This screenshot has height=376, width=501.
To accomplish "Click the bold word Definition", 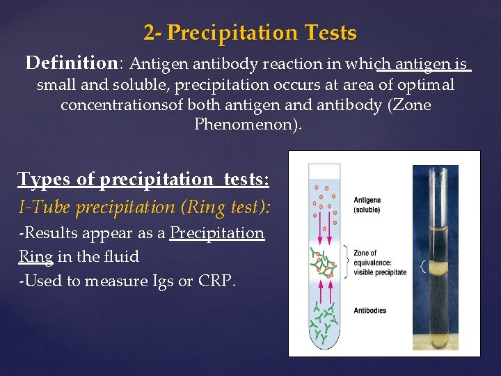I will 72,63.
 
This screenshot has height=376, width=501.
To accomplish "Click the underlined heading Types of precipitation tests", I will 143,179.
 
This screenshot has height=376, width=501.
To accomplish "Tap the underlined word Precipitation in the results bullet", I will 217,233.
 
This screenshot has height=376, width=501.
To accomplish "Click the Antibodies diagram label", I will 369,311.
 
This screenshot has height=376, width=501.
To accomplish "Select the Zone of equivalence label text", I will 379,263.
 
